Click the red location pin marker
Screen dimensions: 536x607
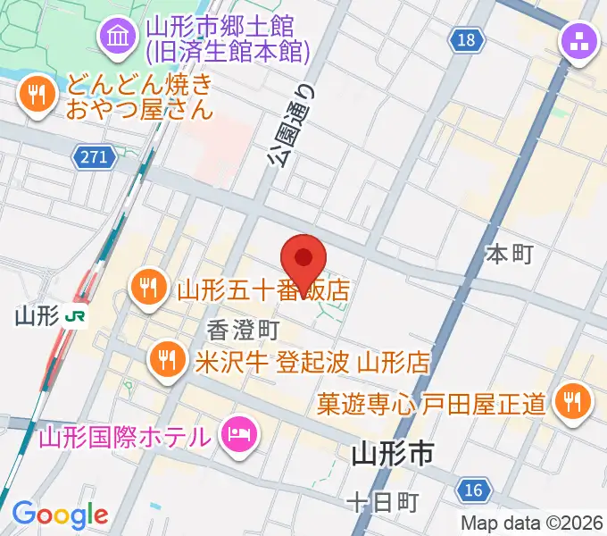[x=303, y=257]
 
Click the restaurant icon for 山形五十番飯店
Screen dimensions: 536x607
[x=147, y=288]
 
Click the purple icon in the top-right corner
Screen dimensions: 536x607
[x=578, y=41]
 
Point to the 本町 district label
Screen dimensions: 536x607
[x=510, y=255]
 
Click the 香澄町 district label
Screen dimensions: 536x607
[x=244, y=330]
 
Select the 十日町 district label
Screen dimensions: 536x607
[x=382, y=502]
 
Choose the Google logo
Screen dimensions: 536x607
[x=60, y=514]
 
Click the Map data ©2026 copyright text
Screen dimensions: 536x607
[x=532, y=523]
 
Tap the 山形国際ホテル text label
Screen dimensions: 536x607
[x=125, y=437]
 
